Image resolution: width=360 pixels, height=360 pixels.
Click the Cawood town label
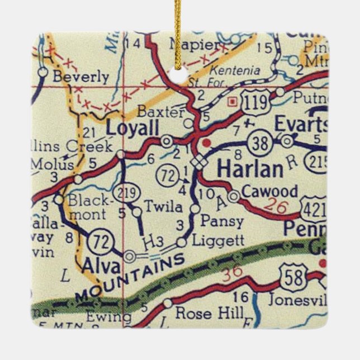[x=269, y=192]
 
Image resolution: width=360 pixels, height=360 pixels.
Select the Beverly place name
[x=80, y=77]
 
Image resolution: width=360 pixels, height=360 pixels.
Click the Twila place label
[x=163, y=207]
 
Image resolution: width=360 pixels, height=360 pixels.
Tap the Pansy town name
[x=222, y=221]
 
